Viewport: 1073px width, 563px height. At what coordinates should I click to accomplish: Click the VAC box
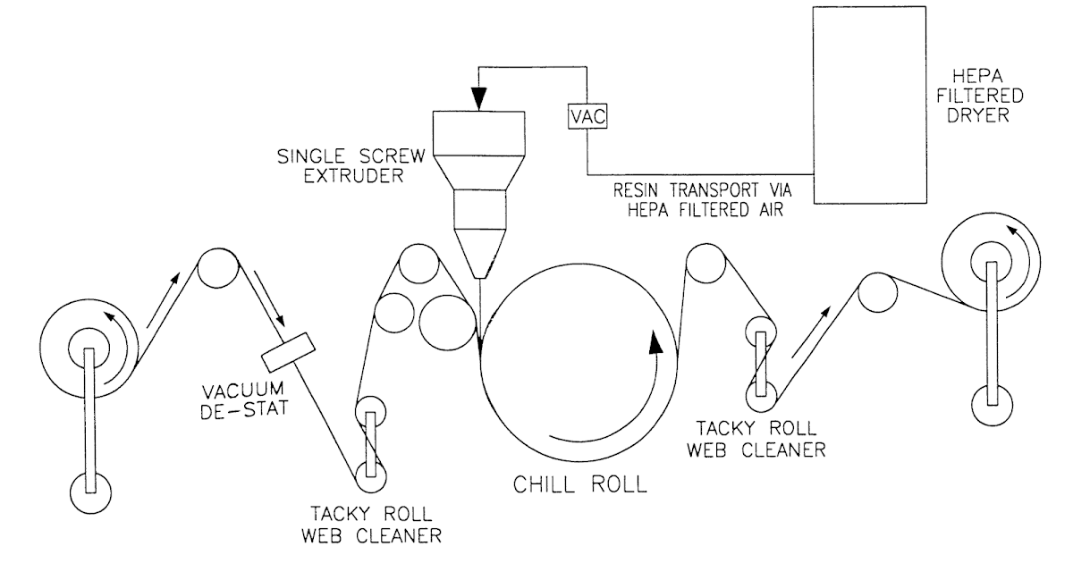pyautogui.click(x=586, y=117)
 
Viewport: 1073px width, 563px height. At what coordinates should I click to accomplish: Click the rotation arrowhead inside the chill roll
pyautogui.click(x=658, y=342)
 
